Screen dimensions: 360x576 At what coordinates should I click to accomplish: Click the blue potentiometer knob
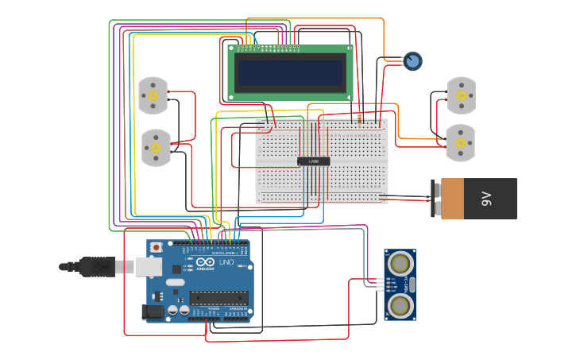pyautogui.click(x=412, y=61)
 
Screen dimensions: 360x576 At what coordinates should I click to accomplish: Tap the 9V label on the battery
pyautogui.click(x=487, y=199)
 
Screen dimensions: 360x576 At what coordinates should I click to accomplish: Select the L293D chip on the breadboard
pyautogui.click(x=314, y=161)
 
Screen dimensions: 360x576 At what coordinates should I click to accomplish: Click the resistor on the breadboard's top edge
pyautogui.click(x=359, y=118)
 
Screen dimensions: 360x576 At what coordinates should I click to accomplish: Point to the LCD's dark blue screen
pyautogui.click(x=290, y=73)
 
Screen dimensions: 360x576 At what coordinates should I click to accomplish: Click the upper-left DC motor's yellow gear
pyautogui.click(x=153, y=96)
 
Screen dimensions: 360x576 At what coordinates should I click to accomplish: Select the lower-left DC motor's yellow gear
pyautogui.click(x=156, y=148)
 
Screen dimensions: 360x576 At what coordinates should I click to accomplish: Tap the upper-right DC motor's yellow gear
pyautogui.click(x=461, y=95)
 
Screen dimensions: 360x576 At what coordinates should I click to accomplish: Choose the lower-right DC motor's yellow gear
pyautogui.click(x=460, y=144)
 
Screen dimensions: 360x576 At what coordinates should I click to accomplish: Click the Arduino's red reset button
pyautogui.click(x=156, y=248)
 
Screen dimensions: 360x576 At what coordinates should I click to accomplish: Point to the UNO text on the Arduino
pyautogui.click(x=226, y=262)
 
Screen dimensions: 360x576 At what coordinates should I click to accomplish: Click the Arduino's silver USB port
pyautogui.click(x=148, y=266)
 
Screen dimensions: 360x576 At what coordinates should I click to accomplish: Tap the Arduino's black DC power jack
pyautogui.click(x=152, y=313)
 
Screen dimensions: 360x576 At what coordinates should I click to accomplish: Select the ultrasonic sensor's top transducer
pyautogui.click(x=400, y=262)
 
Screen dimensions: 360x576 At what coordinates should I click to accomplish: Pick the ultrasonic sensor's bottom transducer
pyautogui.click(x=400, y=304)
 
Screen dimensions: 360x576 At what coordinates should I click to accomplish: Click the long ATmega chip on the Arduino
pyautogui.click(x=218, y=298)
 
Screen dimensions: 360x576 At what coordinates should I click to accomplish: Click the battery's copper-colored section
pyautogui.click(x=452, y=199)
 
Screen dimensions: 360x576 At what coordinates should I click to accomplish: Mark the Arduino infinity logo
pyautogui.click(x=204, y=262)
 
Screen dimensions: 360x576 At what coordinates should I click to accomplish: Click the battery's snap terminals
pyautogui.click(x=435, y=199)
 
